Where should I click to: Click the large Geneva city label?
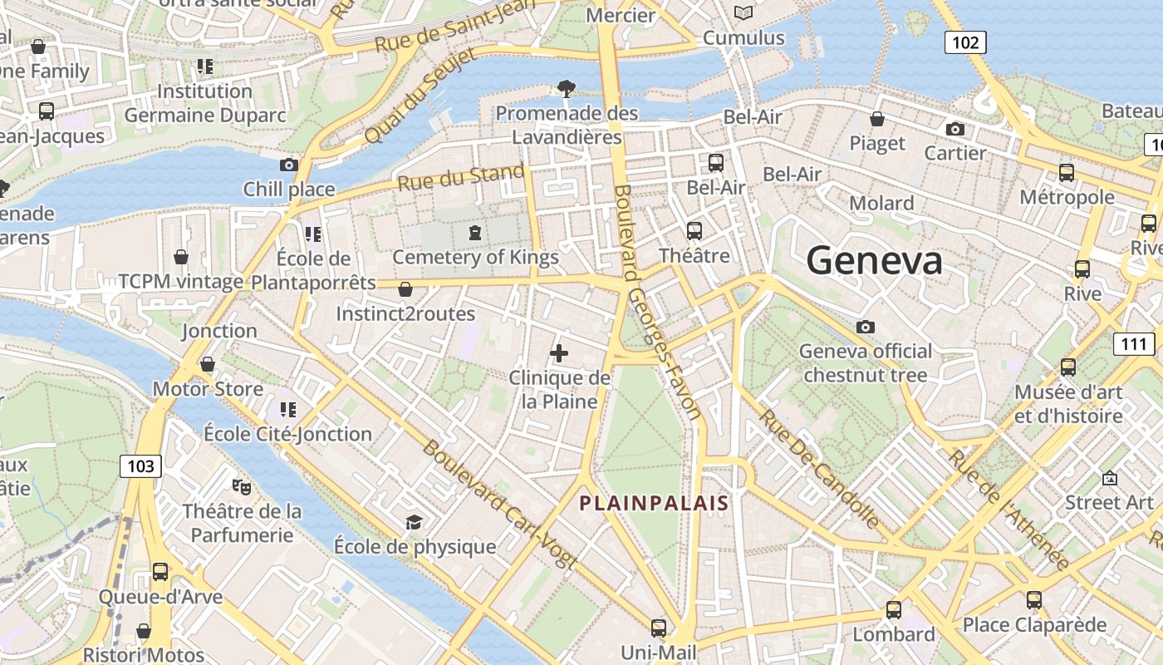point(874,261)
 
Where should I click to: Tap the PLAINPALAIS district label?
point(654,503)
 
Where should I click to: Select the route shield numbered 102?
point(965,42)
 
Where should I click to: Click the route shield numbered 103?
point(140,466)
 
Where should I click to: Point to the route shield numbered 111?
point(1133,344)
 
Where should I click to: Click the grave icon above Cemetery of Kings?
point(474,233)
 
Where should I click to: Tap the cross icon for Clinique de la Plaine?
point(559,353)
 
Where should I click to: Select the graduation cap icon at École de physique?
point(414,522)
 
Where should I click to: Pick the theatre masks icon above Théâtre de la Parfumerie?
point(242,485)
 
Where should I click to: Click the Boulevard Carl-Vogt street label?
point(499,504)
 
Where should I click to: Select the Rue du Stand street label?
point(461,177)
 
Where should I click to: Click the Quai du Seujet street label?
point(421,94)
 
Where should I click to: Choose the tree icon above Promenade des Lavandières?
point(567,88)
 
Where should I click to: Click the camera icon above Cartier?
point(955,129)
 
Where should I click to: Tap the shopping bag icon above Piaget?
point(876,119)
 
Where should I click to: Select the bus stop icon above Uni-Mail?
point(659,628)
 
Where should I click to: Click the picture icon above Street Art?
point(1109,478)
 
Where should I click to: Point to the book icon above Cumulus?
point(743,12)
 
